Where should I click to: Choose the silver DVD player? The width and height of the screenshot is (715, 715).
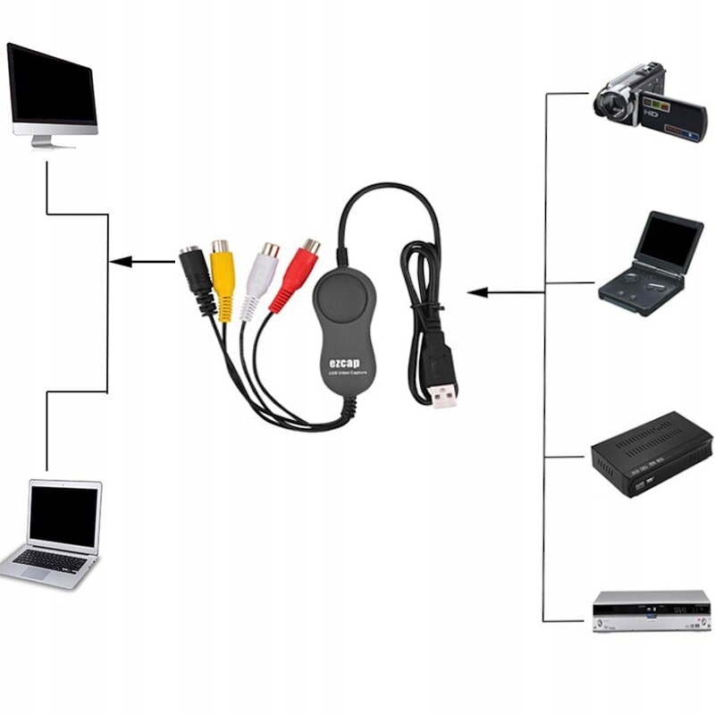pos(652,610)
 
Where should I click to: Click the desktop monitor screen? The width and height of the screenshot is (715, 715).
pos(52,84)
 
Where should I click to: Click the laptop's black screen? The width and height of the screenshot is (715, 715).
pos(63,516)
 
